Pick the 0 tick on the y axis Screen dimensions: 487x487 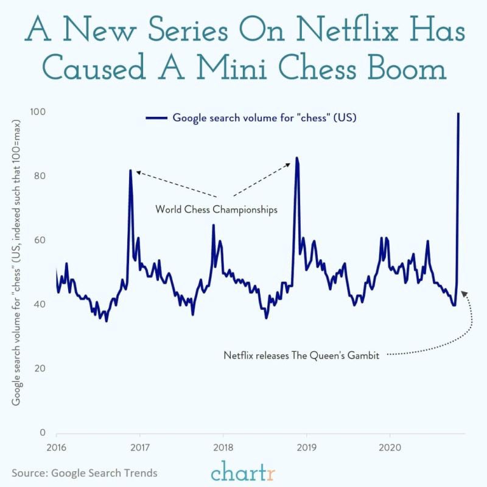43,433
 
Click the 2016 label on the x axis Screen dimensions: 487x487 56,447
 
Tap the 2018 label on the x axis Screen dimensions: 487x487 222,447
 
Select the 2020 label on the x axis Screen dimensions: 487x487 388,447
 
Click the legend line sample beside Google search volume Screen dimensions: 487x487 156,118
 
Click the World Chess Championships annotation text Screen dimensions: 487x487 216,209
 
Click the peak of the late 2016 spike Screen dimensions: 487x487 130,170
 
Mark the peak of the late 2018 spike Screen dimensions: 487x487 296,158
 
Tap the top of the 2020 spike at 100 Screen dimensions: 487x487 458,113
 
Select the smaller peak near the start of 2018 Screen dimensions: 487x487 213,225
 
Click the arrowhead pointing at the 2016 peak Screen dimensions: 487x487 138,172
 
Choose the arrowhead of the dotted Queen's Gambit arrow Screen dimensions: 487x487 464,293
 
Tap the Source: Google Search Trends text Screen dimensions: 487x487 84,472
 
